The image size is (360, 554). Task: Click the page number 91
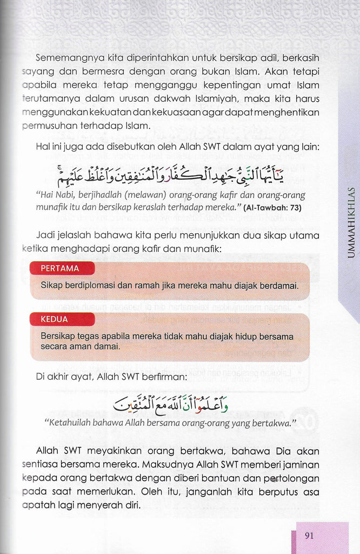(310, 536)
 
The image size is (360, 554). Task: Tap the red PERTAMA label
(60, 268)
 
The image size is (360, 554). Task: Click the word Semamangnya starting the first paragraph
(62, 58)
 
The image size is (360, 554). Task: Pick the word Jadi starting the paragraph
(45, 235)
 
